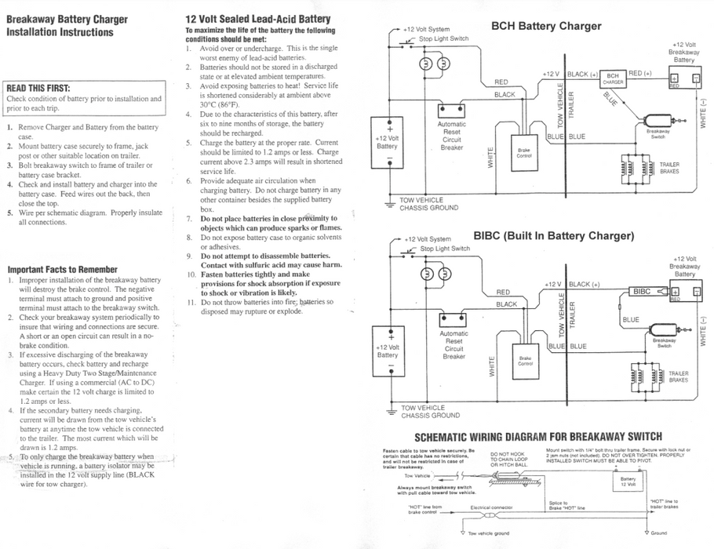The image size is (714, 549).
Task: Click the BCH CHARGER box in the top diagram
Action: click(613, 78)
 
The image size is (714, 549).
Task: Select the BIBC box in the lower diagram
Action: click(641, 292)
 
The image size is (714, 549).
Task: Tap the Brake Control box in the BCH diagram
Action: click(523, 152)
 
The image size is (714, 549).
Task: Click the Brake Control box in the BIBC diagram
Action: click(525, 362)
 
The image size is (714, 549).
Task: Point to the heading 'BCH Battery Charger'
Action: click(546, 26)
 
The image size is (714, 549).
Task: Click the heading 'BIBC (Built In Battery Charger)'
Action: click(553, 235)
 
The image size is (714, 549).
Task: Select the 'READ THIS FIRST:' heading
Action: click(38, 88)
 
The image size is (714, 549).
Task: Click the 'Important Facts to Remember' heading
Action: click(62, 269)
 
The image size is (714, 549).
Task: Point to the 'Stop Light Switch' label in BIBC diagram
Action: click(445, 249)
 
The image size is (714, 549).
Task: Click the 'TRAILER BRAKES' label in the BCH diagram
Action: click(669, 168)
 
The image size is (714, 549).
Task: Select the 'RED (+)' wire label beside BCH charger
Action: click(640, 73)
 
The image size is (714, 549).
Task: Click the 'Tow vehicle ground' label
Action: click(488, 533)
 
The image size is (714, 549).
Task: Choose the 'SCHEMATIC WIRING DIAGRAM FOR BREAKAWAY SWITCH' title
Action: click(537, 436)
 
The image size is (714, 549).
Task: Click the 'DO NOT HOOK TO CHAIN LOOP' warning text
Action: click(509, 456)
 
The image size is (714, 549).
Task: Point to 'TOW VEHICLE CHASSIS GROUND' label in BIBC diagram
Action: click(430, 412)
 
